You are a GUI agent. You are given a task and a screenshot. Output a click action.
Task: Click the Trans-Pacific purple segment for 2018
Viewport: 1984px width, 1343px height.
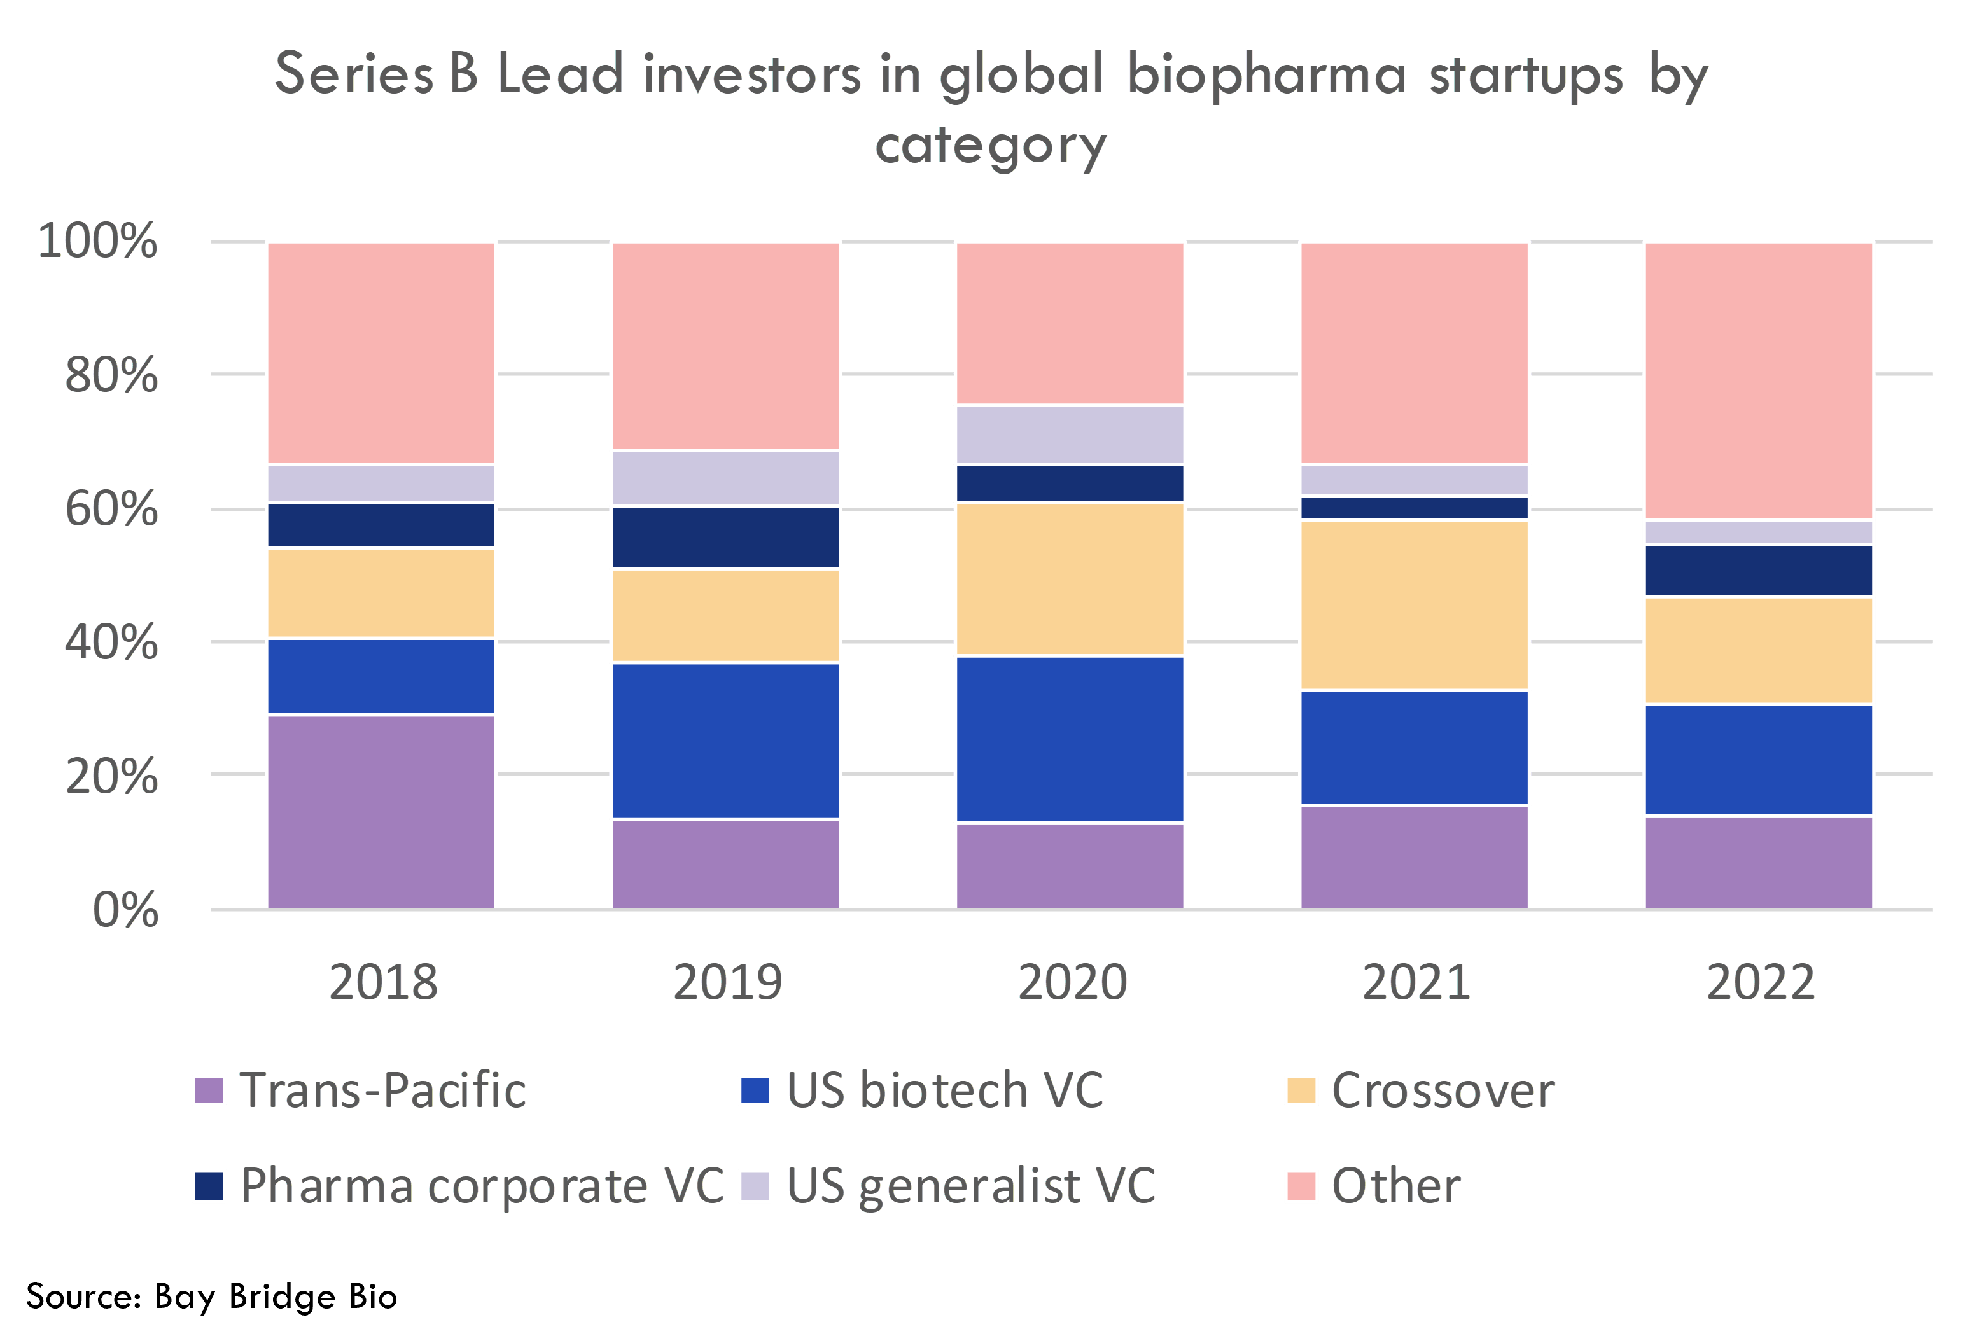[x=381, y=811]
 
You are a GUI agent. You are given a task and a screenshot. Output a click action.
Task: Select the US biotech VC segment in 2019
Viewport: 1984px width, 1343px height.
[x=725, y=741]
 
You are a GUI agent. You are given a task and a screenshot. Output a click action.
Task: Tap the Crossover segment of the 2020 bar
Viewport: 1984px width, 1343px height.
[x=1070, y=579]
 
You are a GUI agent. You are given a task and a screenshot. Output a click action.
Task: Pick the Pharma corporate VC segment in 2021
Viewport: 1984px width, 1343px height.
[x=1414, y=507]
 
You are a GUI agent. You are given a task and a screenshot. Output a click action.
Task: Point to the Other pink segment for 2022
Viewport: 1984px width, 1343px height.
[x=1759, y=380]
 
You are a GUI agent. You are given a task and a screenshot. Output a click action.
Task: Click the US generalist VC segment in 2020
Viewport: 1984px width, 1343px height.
[x=1070, y=435]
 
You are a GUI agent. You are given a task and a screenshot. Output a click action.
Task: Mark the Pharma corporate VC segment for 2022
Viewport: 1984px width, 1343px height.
[x=1759, y=570]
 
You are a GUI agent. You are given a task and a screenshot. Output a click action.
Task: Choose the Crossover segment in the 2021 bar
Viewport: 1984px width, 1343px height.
[x=1414, y=604]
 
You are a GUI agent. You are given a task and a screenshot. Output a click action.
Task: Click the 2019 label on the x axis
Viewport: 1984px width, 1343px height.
[x=727, y=982]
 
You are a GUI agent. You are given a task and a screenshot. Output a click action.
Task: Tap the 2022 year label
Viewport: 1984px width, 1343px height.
[x=1759, y=982]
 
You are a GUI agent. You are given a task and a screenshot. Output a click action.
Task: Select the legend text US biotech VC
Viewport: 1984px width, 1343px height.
[x=944, y=1090]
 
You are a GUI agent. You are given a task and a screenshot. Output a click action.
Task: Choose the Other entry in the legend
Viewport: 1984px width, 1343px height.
[x=1395, y=1185]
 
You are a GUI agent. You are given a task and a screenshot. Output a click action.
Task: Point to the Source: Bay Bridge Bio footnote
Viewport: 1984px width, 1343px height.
[x=211, y=1296]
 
